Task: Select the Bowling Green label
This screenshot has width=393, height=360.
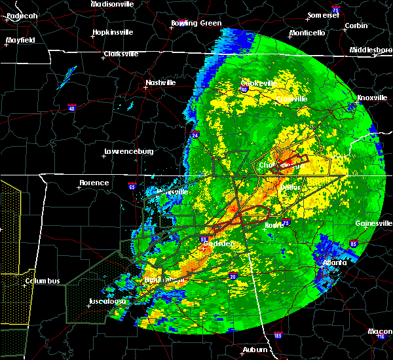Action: (x=187, y=23)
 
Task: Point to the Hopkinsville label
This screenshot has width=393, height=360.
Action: (x=113, y=31)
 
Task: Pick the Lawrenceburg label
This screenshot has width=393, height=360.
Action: (x=128, y=152)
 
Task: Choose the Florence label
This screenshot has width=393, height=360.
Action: (x=94, y=183)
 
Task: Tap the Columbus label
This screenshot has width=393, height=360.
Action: (x=43, y=281)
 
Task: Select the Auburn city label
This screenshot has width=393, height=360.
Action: (x=255, y=350)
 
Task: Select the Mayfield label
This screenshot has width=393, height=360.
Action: (x=20, y=40)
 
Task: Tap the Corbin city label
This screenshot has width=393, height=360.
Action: (x=356, y=26)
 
